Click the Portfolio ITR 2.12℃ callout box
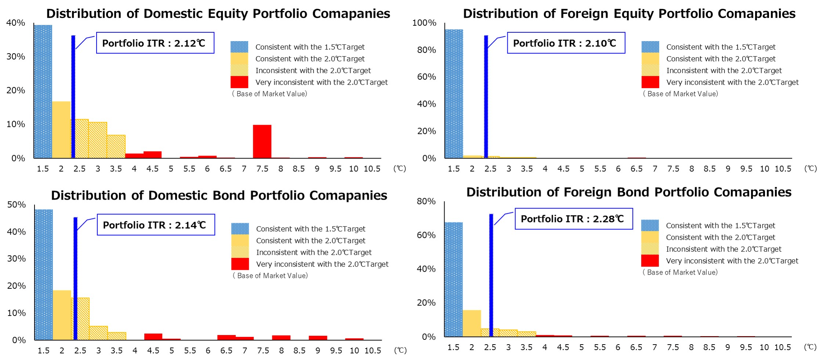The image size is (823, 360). tap(155, 43)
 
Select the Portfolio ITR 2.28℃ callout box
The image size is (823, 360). tap(573, 219)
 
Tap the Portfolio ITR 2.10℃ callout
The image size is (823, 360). tap(566, 43)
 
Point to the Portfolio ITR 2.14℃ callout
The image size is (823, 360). tap(156, 225)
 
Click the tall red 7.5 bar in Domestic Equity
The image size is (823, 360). tap(262, 141)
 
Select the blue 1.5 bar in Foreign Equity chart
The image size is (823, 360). tap(454, 94)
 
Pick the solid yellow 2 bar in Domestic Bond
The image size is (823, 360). tap(62, 315)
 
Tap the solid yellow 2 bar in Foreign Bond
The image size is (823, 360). tap(472, 323)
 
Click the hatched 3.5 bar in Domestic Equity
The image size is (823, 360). tap(116, 146)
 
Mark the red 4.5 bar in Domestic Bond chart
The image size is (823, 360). tap(153, 337)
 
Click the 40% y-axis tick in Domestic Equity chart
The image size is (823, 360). tap(16, 23)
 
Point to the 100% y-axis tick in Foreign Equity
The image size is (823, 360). tap(424, 23)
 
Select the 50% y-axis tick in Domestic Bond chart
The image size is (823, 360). tap(17, 204)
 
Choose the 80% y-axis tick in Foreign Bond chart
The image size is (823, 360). tap(426, 201)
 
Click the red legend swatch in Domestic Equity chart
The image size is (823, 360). tap(239, 82)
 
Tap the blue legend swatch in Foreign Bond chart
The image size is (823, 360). tap(650, 225)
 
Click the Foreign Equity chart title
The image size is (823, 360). tap(629, 14)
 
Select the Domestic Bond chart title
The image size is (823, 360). tap(219, 195)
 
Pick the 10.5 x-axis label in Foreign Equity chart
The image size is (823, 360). tap(783, 169)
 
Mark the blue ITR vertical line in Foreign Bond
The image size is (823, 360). tap(491, 275)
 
